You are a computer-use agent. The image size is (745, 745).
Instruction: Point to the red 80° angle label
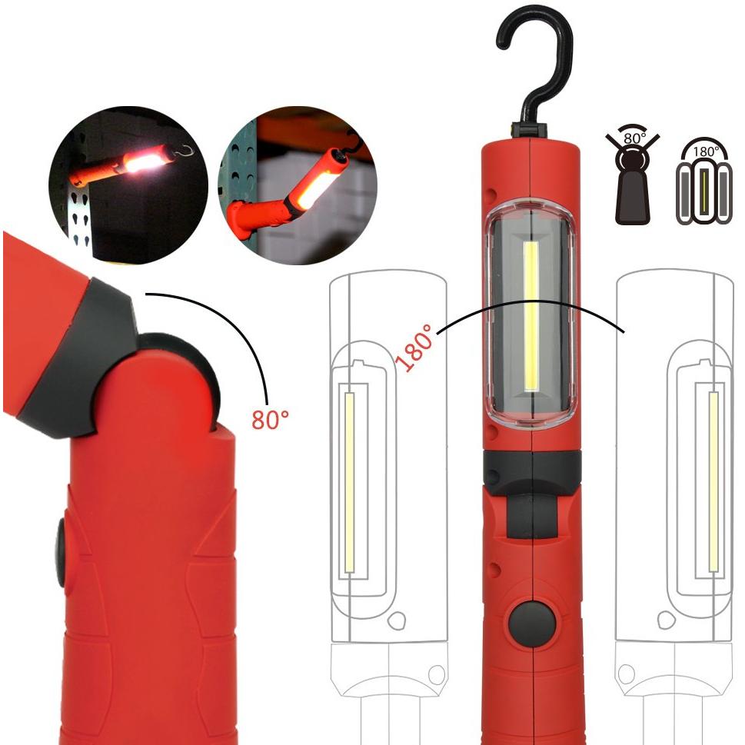270,419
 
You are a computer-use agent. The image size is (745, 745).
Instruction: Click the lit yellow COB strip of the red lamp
531,317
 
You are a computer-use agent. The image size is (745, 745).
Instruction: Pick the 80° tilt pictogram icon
632,178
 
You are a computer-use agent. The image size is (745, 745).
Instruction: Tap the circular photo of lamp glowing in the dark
128,185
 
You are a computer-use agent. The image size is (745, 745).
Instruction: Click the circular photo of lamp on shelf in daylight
298,185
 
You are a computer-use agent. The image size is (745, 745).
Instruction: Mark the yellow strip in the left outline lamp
350,483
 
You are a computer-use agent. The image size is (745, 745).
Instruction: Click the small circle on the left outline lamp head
396,620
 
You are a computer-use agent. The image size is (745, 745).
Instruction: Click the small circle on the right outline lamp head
666,620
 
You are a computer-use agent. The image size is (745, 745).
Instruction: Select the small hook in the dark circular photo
184,151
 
